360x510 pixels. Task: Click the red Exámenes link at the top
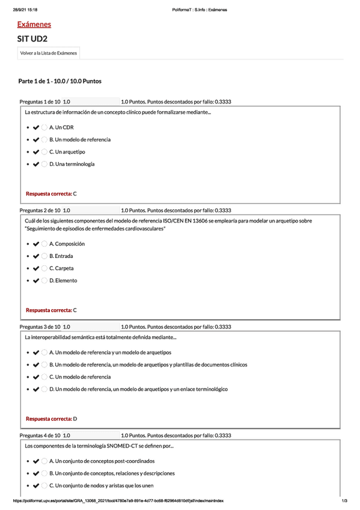click(34, 25)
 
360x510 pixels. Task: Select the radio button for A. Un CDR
click(45, 127)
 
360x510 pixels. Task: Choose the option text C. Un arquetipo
click(67, 152)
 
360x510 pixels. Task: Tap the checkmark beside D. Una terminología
click(36, 164)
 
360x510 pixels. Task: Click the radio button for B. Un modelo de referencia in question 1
click(45, 140)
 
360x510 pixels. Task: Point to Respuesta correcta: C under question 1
click(51, 194)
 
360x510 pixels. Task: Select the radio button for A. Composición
click(45, 244)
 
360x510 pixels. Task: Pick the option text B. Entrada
click(61, 256)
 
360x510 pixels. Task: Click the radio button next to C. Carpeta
click(45, 268)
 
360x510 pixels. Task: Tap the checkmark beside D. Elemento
click(36, 280)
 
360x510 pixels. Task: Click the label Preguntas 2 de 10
click(40, 210)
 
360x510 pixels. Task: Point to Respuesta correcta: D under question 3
click(51, 419)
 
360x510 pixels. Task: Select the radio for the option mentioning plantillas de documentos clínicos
click(45, 364)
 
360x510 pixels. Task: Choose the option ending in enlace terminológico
click(138, 389)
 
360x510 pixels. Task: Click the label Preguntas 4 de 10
click(40, 435)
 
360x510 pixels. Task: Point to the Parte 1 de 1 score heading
click(60, 81)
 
